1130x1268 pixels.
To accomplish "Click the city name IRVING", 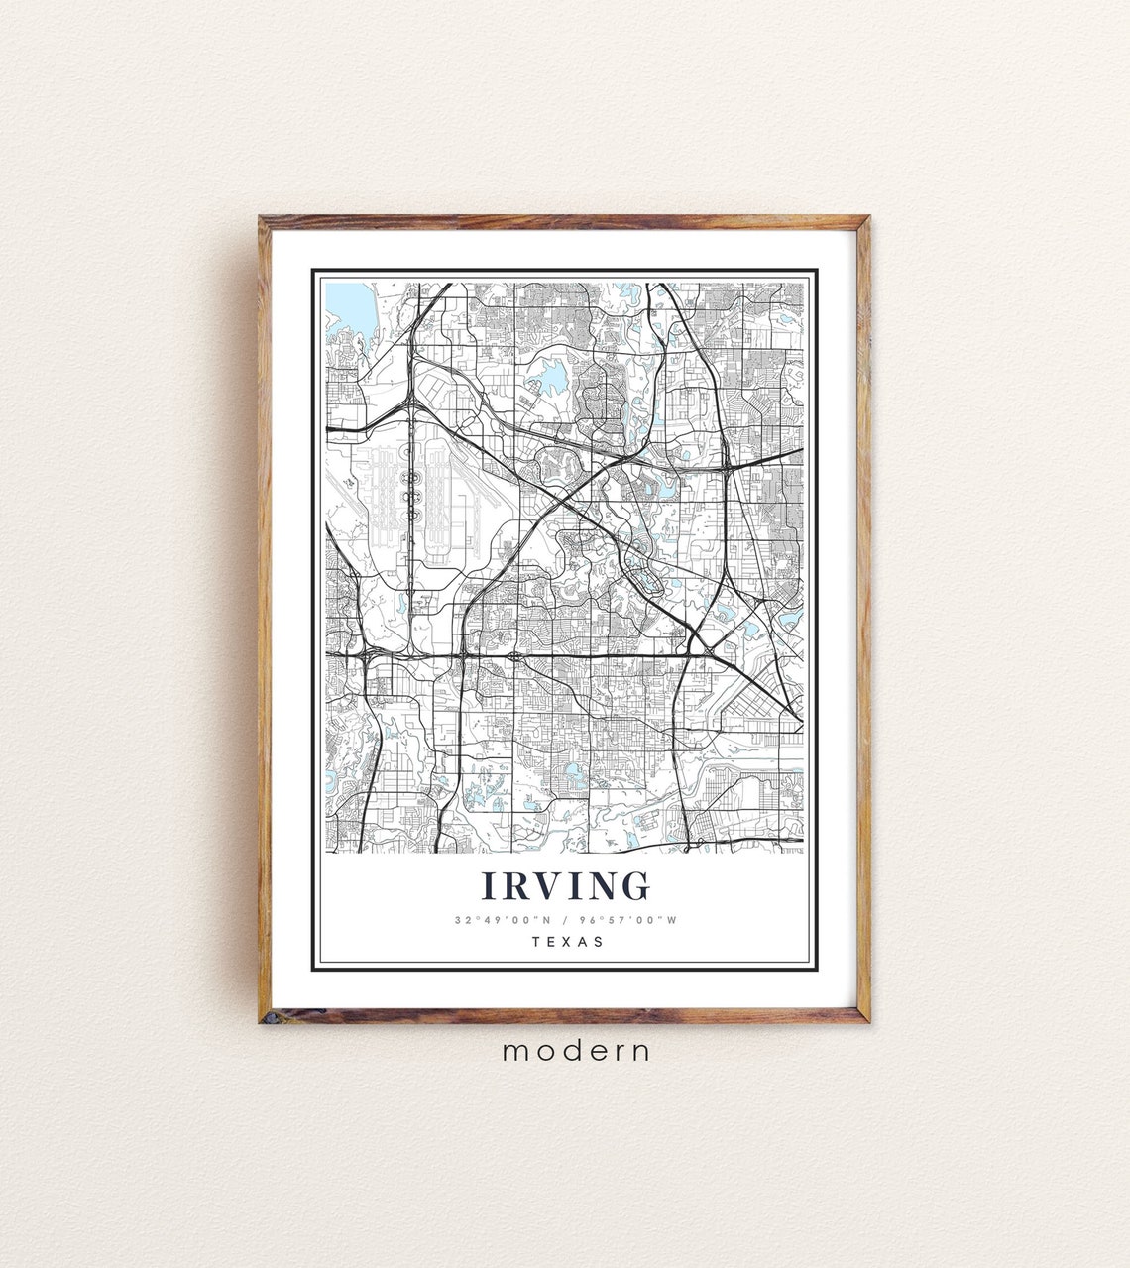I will point(566,885).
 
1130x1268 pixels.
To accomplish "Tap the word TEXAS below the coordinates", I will point(567,942).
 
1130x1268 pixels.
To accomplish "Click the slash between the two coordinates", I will point(565,920).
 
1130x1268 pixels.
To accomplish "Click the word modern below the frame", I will point(576,1051).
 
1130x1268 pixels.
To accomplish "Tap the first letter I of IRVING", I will point(489,885).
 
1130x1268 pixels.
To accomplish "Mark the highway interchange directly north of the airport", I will point(409,403).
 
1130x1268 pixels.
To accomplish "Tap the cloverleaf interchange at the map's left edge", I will point(367,655).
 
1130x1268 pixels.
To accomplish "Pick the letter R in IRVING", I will point(512,885).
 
